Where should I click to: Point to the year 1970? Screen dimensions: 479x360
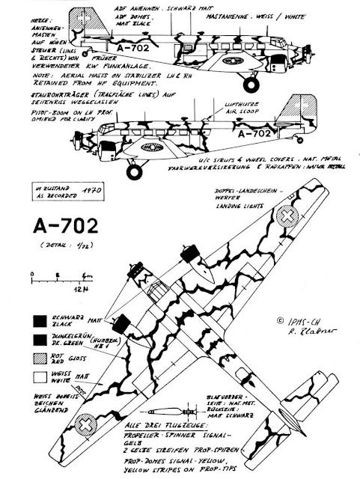tap(84, 191)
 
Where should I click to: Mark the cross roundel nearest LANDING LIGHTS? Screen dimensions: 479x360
tap(287, 217)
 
